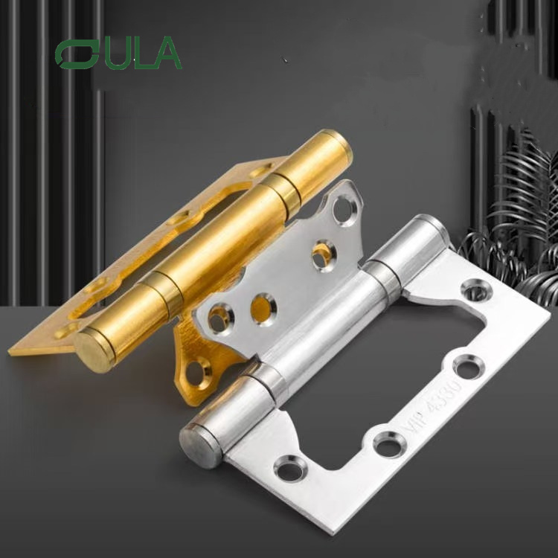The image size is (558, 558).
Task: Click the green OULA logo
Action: [118, 54]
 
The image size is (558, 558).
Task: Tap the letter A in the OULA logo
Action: [167, 54]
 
